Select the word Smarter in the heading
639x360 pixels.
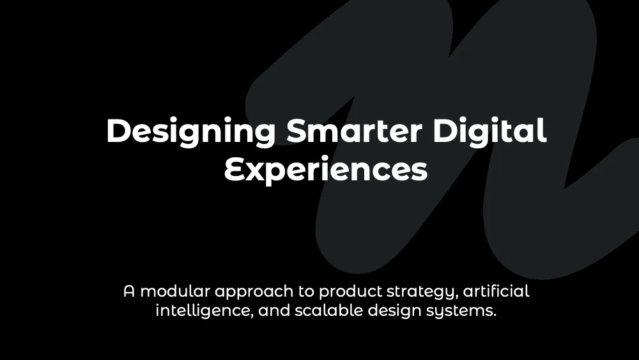tap(354, 130)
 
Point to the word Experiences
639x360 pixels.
tap(326, 168)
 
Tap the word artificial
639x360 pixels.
tap(496, 291)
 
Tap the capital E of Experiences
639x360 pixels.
tap(235, 169)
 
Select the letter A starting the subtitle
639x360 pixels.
tap(129, 292)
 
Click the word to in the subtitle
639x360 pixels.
tap(306, 292)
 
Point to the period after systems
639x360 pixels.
tap(495, 316)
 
